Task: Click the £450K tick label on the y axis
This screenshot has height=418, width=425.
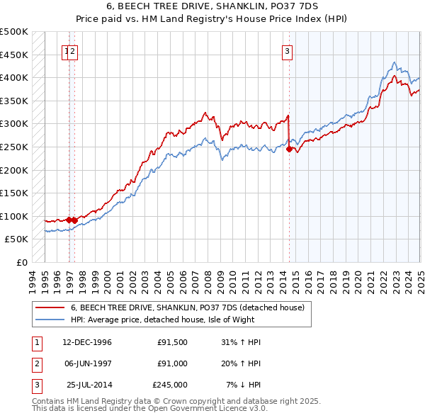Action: click(14, 55)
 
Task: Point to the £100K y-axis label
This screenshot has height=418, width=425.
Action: click(14, 216)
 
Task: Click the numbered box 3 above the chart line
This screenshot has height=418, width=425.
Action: click(288, 50)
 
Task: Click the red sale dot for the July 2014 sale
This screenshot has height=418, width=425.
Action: click(289, 149)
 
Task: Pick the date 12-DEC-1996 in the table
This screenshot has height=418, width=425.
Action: click(86, 342)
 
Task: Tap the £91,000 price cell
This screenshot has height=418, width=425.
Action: click(173, 363)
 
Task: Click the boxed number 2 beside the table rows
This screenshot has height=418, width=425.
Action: click(36, 363)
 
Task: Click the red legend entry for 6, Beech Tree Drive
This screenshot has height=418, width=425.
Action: click(187, 307)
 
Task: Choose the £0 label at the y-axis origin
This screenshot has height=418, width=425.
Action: click(22, 262)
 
